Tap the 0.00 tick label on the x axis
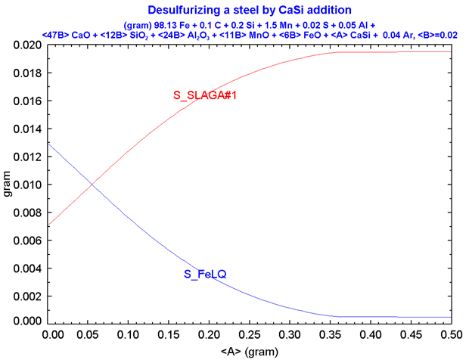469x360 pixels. [51, 333]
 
